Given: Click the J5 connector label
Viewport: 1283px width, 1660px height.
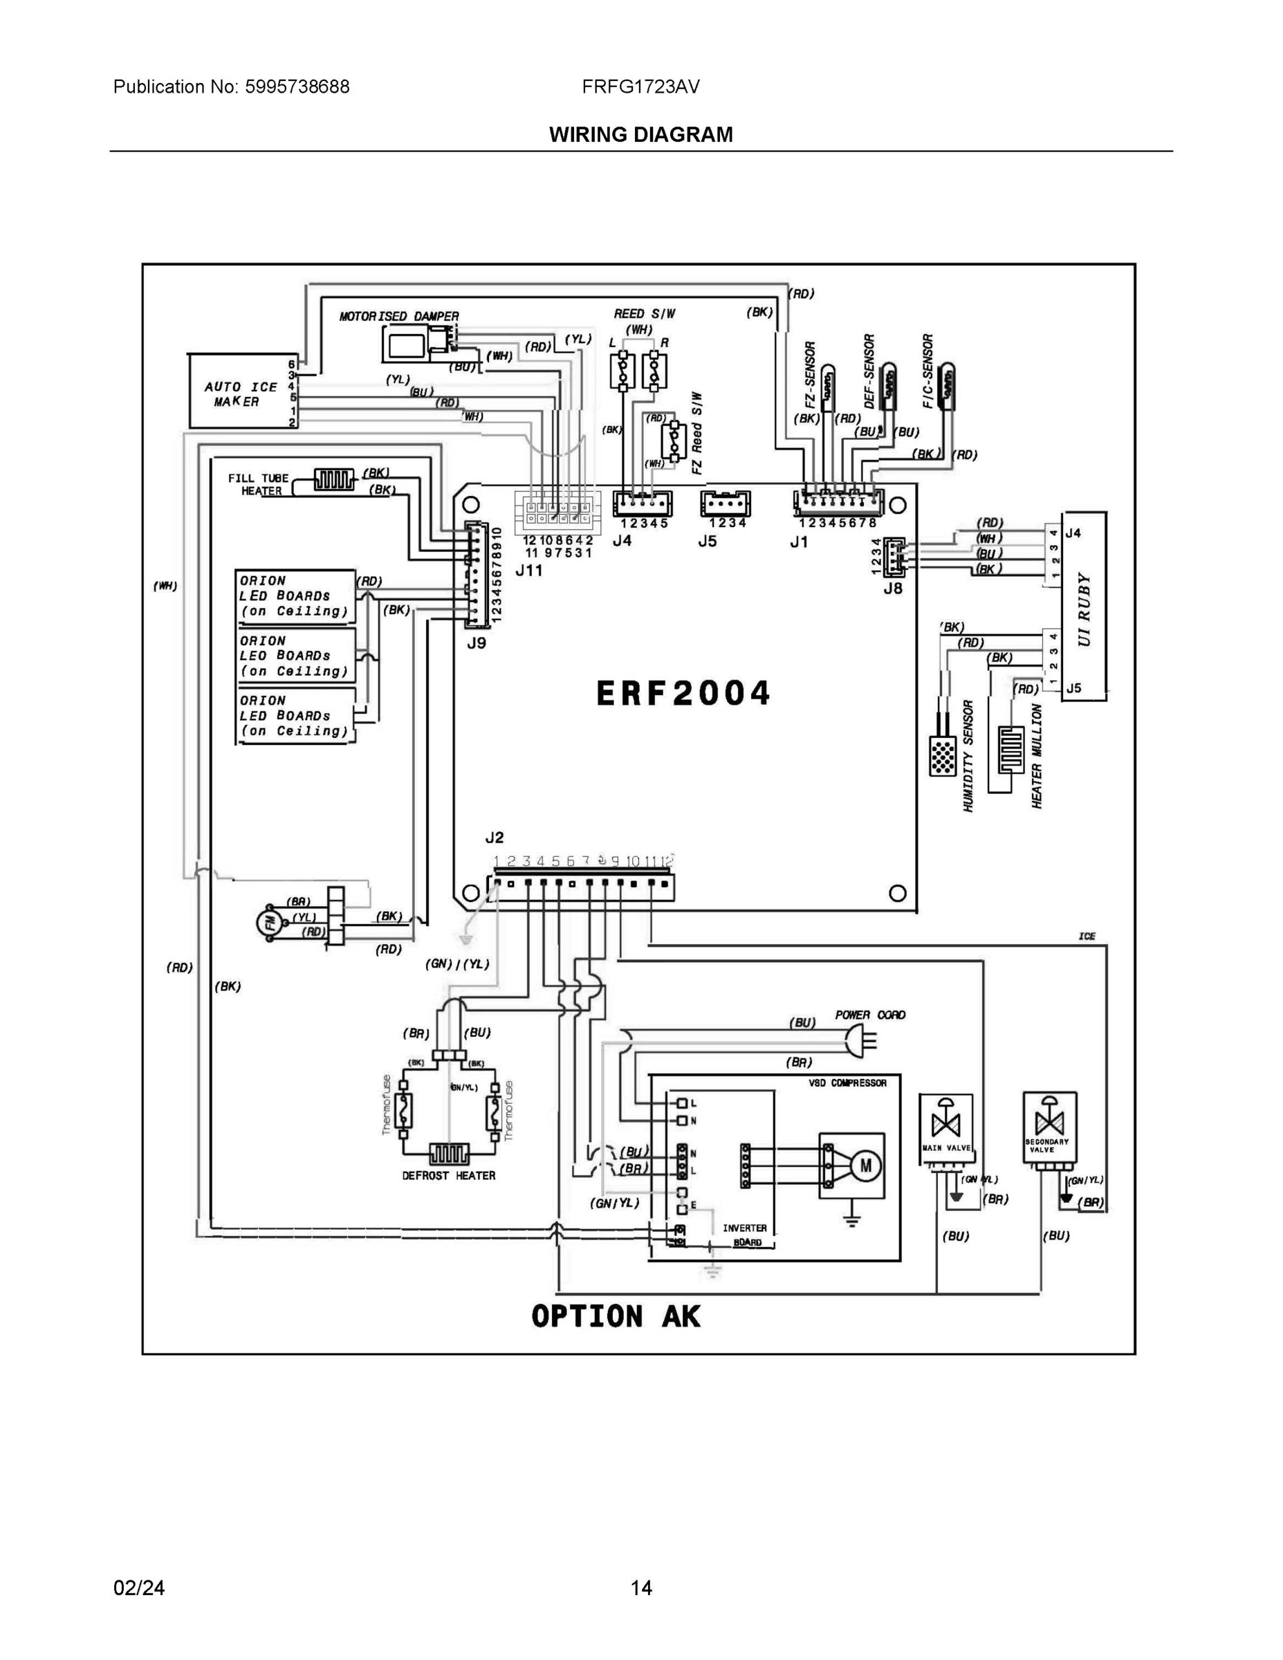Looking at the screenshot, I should pos(707,541).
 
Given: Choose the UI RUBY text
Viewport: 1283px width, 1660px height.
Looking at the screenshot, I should pos(1084,608).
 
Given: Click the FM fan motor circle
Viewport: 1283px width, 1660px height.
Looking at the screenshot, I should pos(268,923).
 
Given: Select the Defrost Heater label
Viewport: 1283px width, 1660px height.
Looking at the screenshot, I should pos(448,1175).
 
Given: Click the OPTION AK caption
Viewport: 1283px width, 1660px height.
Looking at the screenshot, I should pos(616,1317).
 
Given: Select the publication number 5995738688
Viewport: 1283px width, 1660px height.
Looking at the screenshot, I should pos(297,86).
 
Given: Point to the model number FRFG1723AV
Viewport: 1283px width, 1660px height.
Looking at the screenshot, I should pos(640,86).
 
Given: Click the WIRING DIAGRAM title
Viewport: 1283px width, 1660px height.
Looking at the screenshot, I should pos(640,135).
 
